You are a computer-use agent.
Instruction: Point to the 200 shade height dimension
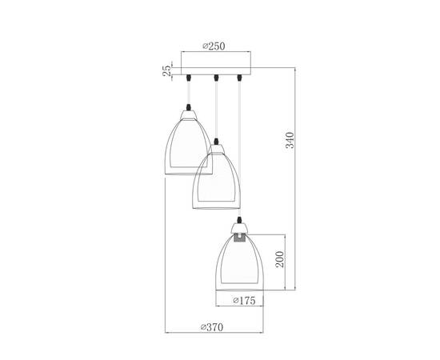coord(279,262)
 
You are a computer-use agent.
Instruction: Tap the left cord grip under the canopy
coord(190,78)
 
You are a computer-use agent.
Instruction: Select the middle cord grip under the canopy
coord(216,78)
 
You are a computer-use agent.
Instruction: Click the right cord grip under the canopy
coord(239,78)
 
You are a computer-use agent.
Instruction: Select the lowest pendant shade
coord(240,260)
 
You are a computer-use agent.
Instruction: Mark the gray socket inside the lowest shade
coord(240,238)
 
